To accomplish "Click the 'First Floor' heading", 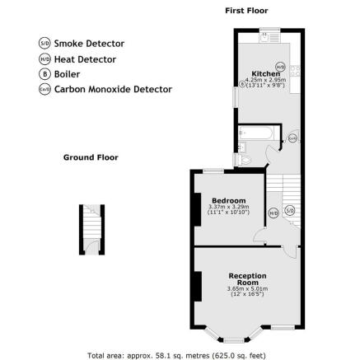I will pos(246,11).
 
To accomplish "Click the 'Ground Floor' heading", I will pos(91,157).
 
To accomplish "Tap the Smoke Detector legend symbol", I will pos(44,44).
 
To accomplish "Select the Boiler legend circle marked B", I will pos(44,74).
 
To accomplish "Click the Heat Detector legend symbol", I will pos(44,59).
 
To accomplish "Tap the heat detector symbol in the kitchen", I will pos(280,66).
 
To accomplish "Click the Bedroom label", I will pos(228,201).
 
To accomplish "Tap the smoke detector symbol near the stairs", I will pos(289,211).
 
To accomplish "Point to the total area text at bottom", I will pos(176,355).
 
